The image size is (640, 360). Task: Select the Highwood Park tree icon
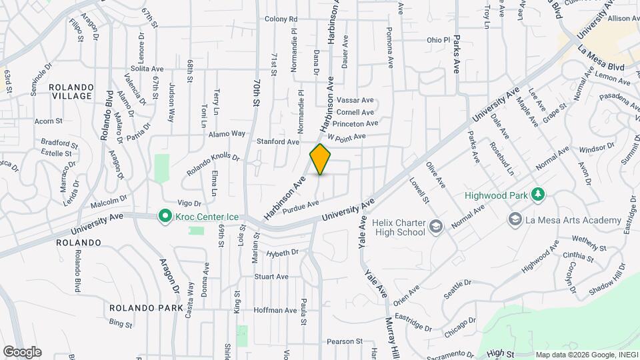pos(538,195)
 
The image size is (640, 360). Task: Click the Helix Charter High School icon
pos(436,227)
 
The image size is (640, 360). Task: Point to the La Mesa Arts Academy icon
pos(514,219)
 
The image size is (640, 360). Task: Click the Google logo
pos(21,352)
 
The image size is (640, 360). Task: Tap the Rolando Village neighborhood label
pos(71,91)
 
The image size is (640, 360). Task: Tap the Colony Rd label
pos(281,19)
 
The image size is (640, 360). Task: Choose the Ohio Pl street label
pos(439,40)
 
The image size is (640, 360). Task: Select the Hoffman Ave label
pos(275,310)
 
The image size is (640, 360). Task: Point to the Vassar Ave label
pos(355,100)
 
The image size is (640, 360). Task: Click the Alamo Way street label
pos(227,134)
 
